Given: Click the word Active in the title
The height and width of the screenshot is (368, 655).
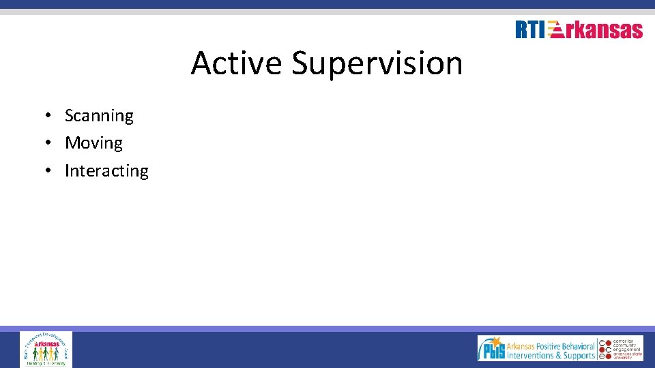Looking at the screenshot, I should point(236,63).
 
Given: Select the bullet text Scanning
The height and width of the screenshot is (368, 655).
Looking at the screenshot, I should point(99,116).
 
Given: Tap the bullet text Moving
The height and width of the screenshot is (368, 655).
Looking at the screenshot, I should point(93,143).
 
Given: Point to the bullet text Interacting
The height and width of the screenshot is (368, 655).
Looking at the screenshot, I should point(106,170).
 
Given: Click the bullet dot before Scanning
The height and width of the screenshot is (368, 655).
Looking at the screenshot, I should point(50,116).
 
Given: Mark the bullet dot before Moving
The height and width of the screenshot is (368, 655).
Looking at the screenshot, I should point(50,143).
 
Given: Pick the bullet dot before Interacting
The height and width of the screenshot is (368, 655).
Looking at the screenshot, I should point(50,170).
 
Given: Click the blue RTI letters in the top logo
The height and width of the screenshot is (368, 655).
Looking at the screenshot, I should point(530,30).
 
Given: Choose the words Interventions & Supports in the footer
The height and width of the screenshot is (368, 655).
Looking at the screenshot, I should point(551,355).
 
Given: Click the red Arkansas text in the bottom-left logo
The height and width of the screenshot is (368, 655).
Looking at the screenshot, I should point(46,343).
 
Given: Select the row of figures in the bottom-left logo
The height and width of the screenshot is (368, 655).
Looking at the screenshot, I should point(46,354).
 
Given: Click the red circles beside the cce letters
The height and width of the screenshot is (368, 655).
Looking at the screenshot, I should point(602,348).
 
